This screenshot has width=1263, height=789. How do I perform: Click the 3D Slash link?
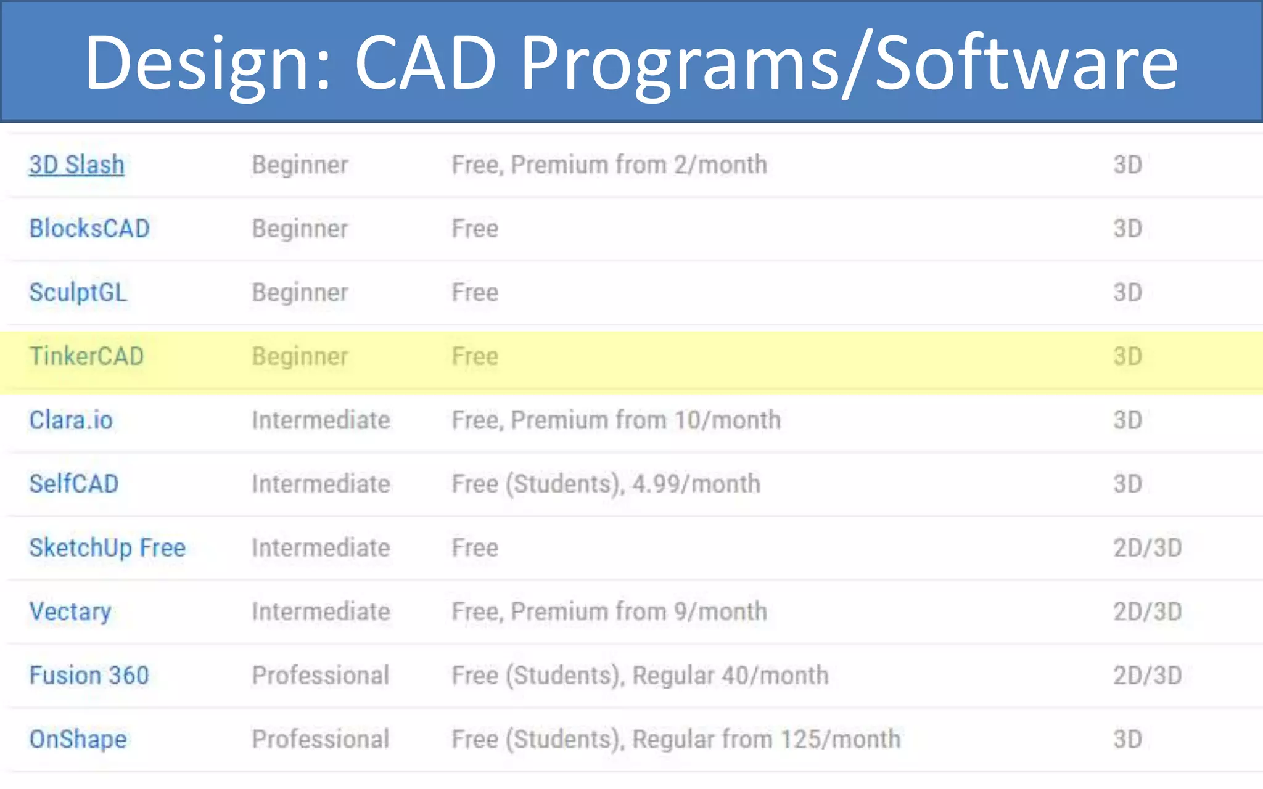(76, 165)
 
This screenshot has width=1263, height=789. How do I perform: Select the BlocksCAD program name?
(89, 229)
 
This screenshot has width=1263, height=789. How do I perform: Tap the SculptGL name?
(78, 292)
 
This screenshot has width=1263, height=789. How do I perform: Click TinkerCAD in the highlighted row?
(86, 356)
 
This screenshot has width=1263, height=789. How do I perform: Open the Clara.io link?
(71, 420)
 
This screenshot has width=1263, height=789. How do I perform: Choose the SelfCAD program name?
(73, 484)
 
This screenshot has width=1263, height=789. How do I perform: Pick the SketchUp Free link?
(107, 548)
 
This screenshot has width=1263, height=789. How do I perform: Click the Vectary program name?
(70, 611)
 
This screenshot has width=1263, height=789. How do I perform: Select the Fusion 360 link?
(89, 676)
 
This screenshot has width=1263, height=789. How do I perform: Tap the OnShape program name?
(78, 739)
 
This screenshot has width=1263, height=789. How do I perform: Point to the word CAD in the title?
(426, 62)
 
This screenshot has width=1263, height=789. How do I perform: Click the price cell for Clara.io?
(615, 420)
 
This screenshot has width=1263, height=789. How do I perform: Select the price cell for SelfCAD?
(606, 484)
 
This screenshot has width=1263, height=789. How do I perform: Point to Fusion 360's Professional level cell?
(320, 676)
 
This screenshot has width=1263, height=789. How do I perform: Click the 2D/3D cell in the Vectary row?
(1147, 611)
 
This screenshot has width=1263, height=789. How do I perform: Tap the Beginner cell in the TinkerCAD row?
(300, 356)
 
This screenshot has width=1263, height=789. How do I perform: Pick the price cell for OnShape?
(676, 739)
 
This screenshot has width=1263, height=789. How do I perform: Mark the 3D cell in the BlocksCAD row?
(1127, 229)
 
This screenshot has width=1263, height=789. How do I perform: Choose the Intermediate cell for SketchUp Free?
(321, 548)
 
